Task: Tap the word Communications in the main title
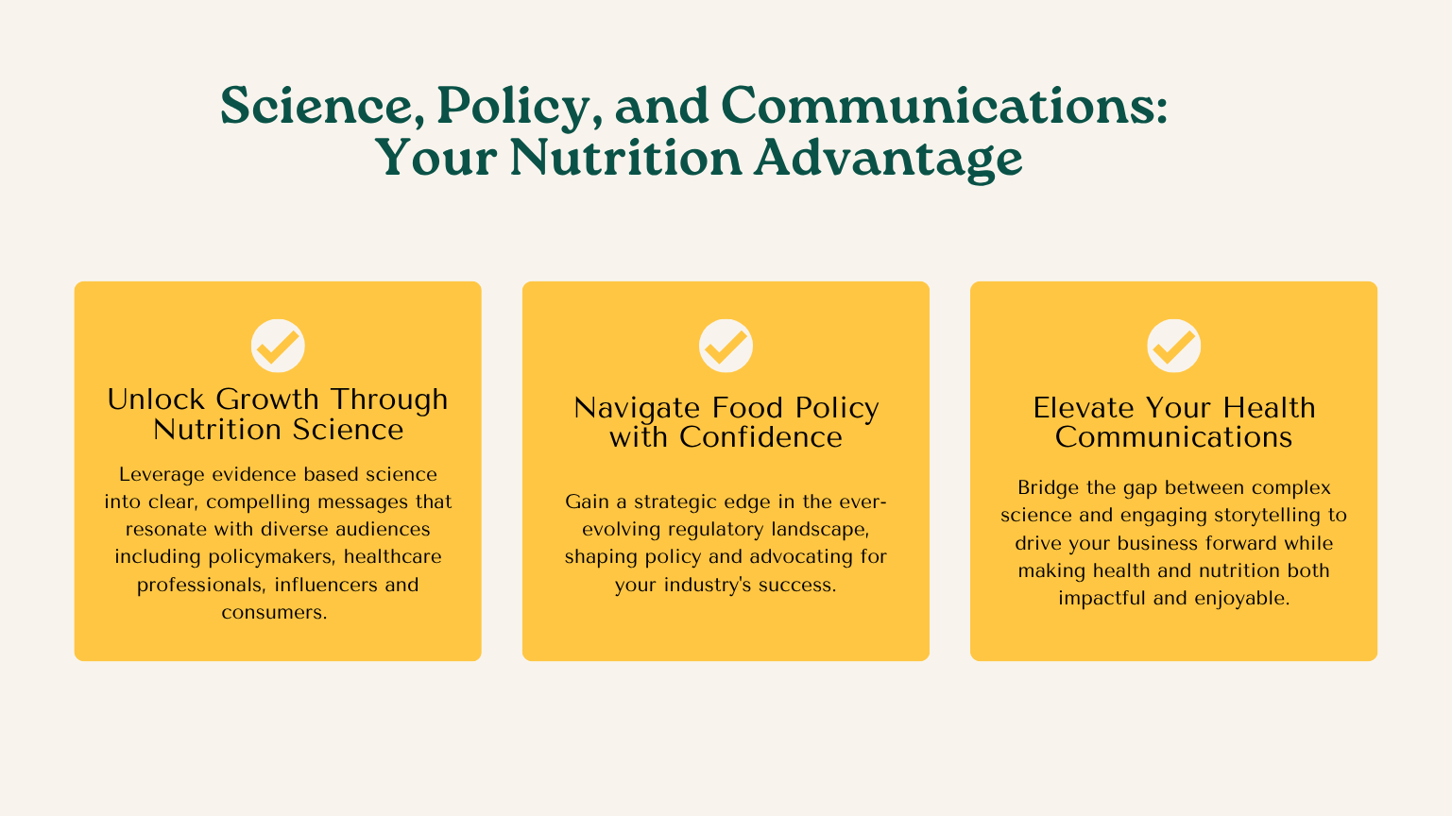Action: click(x=944, y=105)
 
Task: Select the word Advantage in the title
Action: click(x=888, y=160)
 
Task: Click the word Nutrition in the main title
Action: click(x=626, y=158)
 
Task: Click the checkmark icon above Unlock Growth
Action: click(x=278, y=346)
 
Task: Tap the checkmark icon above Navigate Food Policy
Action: click(x=726, y=346)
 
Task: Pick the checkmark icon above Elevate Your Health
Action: click(x=1173, y=346)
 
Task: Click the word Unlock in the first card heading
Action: click(x=156, y=399)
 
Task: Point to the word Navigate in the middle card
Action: click(x=637, y=409)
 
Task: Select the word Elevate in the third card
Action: click(x=1085, y=408)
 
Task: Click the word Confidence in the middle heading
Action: click(x=760, y=437)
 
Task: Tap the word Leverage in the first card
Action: click(x=162, y=475)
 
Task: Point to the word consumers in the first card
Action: click(x=274, y=613)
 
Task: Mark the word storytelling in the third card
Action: click(x=1267, y=516)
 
